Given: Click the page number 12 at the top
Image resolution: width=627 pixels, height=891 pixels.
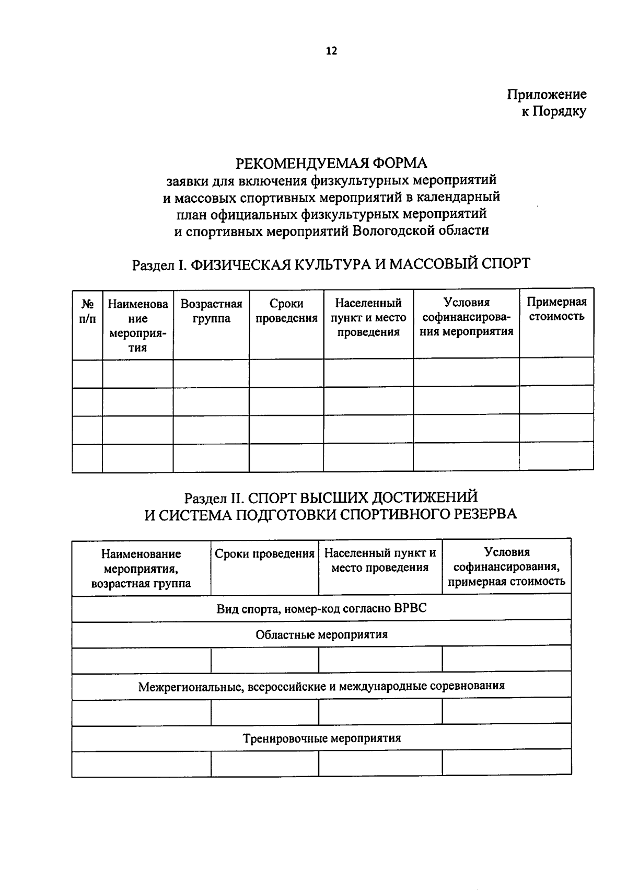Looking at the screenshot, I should (x=331, y=51).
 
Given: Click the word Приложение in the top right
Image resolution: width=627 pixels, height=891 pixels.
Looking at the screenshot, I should (x=547, y=95).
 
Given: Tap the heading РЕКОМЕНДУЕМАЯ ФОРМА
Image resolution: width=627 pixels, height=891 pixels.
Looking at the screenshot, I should (x=331, y=163).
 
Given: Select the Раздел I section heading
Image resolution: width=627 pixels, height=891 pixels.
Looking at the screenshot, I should (x=331, y=263).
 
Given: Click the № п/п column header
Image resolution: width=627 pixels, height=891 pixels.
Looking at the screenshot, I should (x=87, y=311).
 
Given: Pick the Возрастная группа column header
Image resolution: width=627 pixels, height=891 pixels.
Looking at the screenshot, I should (x=211, y=311).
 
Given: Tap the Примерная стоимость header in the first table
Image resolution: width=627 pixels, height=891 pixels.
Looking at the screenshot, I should (x=556, y=309).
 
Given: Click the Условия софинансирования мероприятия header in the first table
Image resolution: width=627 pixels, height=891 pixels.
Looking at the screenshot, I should (x=466, y=317).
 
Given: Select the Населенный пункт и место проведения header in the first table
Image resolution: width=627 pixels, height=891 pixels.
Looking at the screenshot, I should (x=368, y=317).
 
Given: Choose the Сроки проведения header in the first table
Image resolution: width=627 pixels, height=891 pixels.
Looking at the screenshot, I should (x=286, y=311).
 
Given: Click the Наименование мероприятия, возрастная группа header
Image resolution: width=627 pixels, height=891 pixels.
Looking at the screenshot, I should (x=141, y=568).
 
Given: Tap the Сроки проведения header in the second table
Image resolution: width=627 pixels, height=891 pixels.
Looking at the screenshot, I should (x=264, y=554).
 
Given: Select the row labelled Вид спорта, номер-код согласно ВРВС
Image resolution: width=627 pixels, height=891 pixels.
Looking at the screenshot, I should (x=321, y=608).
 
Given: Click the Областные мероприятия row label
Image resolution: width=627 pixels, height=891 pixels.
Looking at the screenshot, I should (x=321, y=634).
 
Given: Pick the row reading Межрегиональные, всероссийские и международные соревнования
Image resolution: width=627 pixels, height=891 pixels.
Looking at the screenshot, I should (x=321, y=686).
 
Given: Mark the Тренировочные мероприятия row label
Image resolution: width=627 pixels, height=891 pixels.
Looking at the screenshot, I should (x=321, y=738).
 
